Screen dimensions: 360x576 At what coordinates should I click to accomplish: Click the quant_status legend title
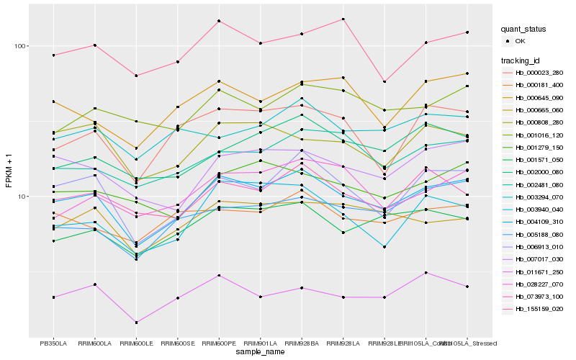(524, 30)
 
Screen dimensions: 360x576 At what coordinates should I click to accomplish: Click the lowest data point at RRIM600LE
(136, 323)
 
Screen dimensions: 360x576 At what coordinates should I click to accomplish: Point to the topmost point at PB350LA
(53, 55)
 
